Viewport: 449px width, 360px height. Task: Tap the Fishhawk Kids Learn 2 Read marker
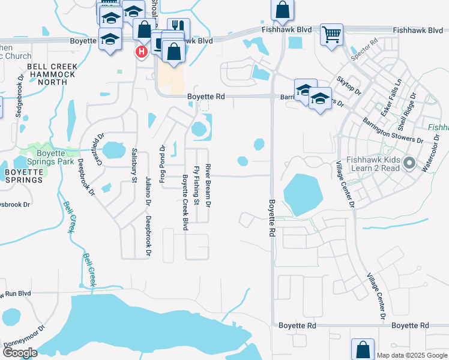click(409, 163)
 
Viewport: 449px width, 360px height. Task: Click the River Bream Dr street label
click(208, 185)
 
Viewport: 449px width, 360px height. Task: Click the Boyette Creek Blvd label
click(185, 202)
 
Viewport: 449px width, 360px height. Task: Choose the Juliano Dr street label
click(148, 191)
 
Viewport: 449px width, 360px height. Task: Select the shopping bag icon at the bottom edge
click(363, 349)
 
